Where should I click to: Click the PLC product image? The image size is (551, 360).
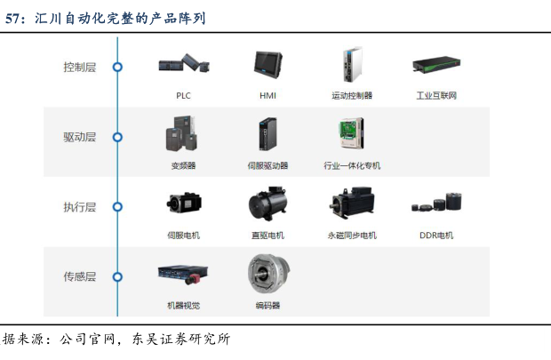tap(184, 63)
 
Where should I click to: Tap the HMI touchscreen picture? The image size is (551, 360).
tap(268, 65)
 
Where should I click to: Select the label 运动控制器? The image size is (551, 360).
tap(352, 95)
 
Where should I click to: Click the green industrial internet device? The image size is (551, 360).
tap(436, 65)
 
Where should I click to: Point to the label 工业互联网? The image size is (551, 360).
tap(436, 95)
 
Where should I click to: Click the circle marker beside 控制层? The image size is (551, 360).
tap(117, 67)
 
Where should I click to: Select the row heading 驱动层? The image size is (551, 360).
tap(79, 137)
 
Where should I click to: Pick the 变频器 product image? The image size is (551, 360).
tap(181, 133)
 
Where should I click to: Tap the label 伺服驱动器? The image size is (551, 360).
tap(268, 165)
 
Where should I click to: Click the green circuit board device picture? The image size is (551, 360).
tap(351, 133)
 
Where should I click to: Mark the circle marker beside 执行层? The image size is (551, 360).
tap(117, 207)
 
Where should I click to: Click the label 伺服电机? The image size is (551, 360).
tap(183, 236)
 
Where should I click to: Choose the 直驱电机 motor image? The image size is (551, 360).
tap(268, 204)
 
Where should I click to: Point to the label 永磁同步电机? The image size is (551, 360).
tap(352, 236)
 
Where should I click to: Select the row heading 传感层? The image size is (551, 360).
tap(79, 276)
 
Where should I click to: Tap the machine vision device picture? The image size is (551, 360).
tap(183, 275)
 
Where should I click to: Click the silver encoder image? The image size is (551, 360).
tap(268, 274)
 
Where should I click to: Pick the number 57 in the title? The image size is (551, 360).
tap(12, 19)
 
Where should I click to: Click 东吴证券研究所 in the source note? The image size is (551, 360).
tap(181, 339)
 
